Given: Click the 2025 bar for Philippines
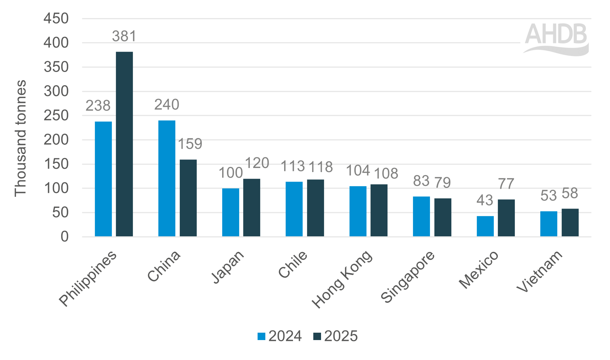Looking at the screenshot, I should [124, 144].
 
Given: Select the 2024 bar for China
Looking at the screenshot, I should [167, 178].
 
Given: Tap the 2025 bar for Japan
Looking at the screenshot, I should [252, 208].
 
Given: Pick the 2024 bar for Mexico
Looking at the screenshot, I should [485, 226].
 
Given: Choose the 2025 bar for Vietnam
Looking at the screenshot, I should [570, 222].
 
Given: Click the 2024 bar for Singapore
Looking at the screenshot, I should [421, 216].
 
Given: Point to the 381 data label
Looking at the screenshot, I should [124, 36].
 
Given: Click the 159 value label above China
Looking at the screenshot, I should [190, 144].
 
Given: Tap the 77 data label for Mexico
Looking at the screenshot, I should [506, 184].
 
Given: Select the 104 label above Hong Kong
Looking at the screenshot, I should [358, 171].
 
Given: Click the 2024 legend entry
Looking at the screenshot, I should [280, 336].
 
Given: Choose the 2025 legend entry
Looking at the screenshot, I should [335, 336].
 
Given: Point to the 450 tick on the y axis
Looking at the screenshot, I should [56, 18].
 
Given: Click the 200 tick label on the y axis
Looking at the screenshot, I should [56, 140].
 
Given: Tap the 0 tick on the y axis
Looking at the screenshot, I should [65, 236].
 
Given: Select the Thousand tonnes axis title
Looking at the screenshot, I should [20, 138].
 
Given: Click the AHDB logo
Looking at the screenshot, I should [556, 39].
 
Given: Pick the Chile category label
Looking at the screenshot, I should [293, 264].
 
